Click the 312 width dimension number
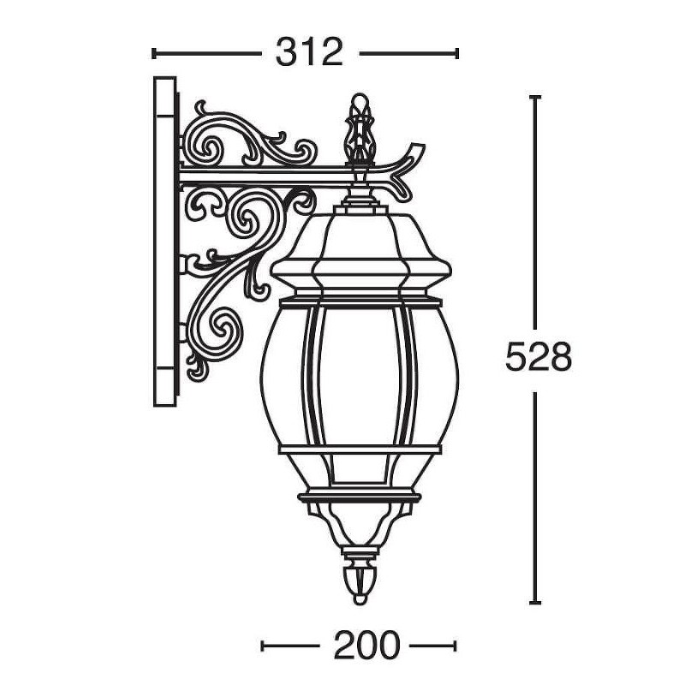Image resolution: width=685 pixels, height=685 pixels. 309,53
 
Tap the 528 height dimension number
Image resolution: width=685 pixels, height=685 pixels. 539,357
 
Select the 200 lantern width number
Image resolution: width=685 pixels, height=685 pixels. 366,645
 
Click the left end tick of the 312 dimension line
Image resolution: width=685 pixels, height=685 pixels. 153,53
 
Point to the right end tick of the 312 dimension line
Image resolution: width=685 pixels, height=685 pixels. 457,53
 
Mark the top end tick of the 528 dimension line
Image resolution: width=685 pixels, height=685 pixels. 535,97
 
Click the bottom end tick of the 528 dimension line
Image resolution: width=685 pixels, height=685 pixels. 535,603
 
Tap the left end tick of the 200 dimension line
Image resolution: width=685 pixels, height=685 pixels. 262,646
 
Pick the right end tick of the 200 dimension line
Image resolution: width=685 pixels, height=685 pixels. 456,646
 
